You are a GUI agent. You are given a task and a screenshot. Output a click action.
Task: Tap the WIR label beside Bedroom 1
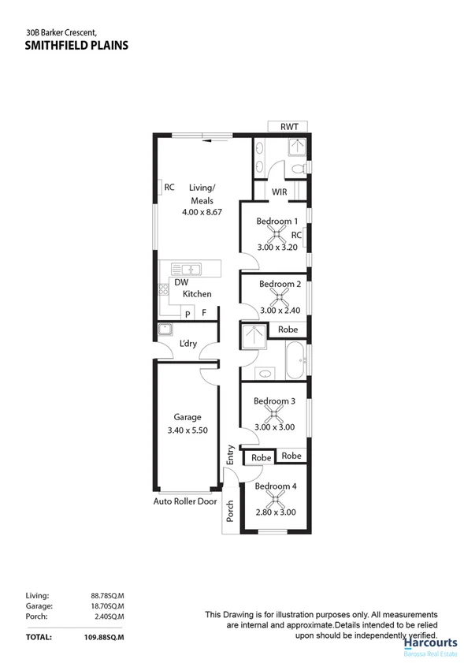279,192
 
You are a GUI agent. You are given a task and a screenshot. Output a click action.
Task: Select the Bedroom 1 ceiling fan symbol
277,234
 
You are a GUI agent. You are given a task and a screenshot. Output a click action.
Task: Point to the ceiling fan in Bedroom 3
274,415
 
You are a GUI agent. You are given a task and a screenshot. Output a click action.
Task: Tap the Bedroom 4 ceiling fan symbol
276,500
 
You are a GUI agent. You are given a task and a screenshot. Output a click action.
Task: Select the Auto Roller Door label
185,501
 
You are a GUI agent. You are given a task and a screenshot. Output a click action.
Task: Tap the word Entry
231,455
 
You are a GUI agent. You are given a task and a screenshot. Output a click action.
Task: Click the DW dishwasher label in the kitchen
181,282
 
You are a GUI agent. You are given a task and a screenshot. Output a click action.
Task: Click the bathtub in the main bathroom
295,360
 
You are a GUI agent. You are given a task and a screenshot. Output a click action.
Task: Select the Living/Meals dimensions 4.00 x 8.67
202,212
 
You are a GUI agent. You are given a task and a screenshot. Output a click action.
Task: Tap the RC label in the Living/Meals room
169,187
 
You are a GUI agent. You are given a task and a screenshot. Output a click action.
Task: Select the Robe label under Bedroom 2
288,330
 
